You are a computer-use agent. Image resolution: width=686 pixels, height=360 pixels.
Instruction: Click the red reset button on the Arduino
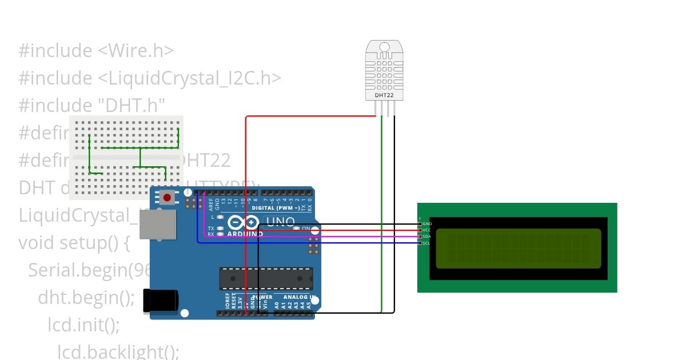[x=167, y=198]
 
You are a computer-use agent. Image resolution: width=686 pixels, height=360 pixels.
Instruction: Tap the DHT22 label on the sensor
[x=384, y=95]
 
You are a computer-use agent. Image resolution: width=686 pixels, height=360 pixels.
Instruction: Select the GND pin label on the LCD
[x=427, y=223]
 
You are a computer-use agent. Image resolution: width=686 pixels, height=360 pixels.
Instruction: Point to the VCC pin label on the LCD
[x=427, y=230]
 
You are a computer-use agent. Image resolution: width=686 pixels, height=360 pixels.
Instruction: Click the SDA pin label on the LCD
[x=427, y=236]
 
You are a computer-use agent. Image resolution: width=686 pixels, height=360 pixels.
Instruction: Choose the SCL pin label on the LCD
[x=427, y=243]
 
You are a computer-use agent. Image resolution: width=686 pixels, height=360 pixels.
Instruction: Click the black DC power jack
[x=159, y=301]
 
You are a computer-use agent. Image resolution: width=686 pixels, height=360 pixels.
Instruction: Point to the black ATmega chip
[x=266, y=278]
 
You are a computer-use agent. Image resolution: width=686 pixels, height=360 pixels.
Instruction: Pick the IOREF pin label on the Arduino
[x=227, y=301]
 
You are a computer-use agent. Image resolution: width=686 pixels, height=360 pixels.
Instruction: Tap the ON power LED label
[x=306, y=229]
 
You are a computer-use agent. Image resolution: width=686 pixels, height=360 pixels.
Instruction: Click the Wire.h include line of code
[x=96, y=51]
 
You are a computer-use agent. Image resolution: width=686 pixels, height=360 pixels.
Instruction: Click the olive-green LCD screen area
[x=518, y=249]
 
